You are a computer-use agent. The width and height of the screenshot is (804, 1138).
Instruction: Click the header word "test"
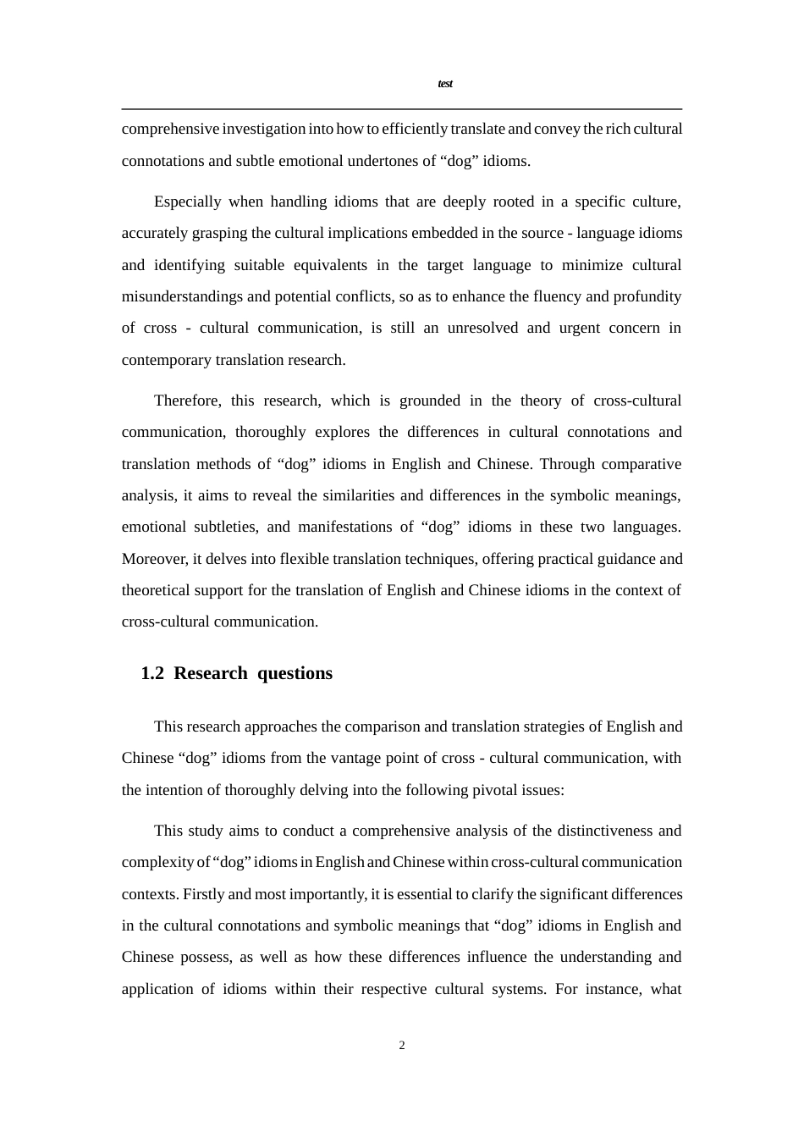pos(445,84)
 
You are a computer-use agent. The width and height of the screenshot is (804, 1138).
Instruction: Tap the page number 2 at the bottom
pos(402,1046)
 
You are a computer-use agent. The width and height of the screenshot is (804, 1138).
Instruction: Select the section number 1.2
pos(152,674)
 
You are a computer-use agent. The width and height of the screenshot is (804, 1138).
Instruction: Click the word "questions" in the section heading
pos(295,674)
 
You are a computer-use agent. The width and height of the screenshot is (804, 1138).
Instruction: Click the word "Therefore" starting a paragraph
pos(187,401)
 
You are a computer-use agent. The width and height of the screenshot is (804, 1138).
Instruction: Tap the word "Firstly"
pos(204,894)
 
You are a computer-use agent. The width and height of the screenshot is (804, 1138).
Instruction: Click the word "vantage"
pos(416,758)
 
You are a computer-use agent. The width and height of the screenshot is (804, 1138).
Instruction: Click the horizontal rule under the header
pos(402,109)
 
